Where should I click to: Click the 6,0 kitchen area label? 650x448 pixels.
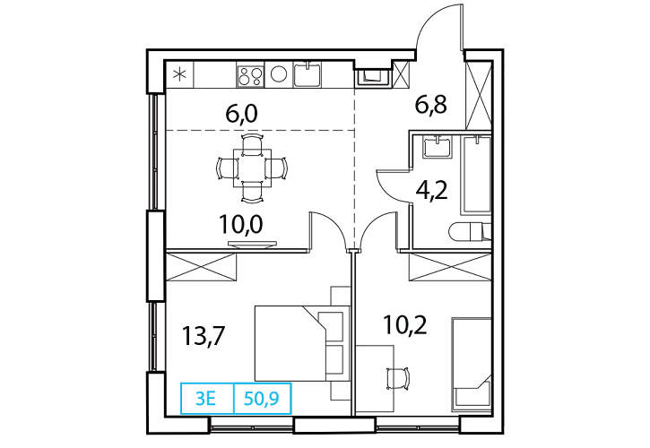pyautogui.click(x=242, y=114)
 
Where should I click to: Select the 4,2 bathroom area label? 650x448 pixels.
pyautogui.click(x=432, y=191)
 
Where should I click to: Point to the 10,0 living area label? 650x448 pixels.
pyautogui.click(x=241, y=225)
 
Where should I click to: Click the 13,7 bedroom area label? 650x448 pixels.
pyautogui.click(x=204, y=336)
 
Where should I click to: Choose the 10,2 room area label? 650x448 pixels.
pyautogui.click(x=405, y=324)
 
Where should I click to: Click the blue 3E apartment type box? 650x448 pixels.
pyautogui.click(x=207, y=399)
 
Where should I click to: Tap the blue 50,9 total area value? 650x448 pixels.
pyautogui.click(x=262, y=399)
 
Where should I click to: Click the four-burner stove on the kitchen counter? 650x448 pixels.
pyautogui.click(x=250, y=75)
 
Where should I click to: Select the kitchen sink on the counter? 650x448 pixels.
pyautogui.click(x=308, y=74)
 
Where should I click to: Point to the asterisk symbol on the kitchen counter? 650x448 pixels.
pyautogui.click(x=179, y=75)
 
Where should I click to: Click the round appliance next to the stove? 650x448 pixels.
pyautogui.click(x=279, y=74)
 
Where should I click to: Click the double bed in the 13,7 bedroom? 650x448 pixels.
pyautogui.click(x=302, y=343)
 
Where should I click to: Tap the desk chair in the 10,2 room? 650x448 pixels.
pyautogui.click(x=398, y=377)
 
